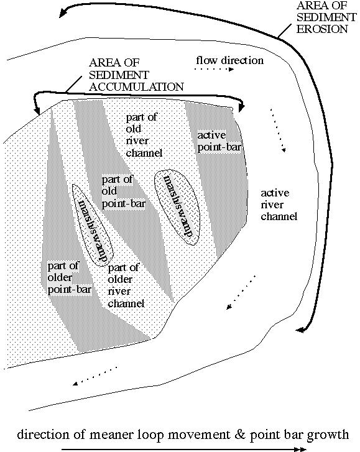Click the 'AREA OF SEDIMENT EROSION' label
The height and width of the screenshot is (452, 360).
(326, 17)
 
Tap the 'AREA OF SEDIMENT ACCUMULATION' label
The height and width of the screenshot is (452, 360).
(136, 75)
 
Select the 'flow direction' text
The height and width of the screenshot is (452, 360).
(229, 60)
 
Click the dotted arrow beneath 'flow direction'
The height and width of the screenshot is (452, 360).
(214, 69)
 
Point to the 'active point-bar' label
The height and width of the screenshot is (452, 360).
(219, 141)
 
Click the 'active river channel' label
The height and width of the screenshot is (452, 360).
(279, 205)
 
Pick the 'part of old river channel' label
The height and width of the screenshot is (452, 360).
(144, 135)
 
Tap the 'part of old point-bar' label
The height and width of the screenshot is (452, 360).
(124, 191)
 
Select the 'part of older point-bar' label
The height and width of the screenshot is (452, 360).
(70, 277)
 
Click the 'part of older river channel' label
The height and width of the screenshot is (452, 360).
(126, 285)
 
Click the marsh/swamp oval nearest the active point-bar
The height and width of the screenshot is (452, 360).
(177, 207)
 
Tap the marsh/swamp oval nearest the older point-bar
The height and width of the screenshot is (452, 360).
(93, 225)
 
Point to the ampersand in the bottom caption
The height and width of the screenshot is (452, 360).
(240, 434)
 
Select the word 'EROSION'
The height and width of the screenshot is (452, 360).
(322, 29)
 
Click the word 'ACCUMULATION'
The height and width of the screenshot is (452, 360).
(136, 87)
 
